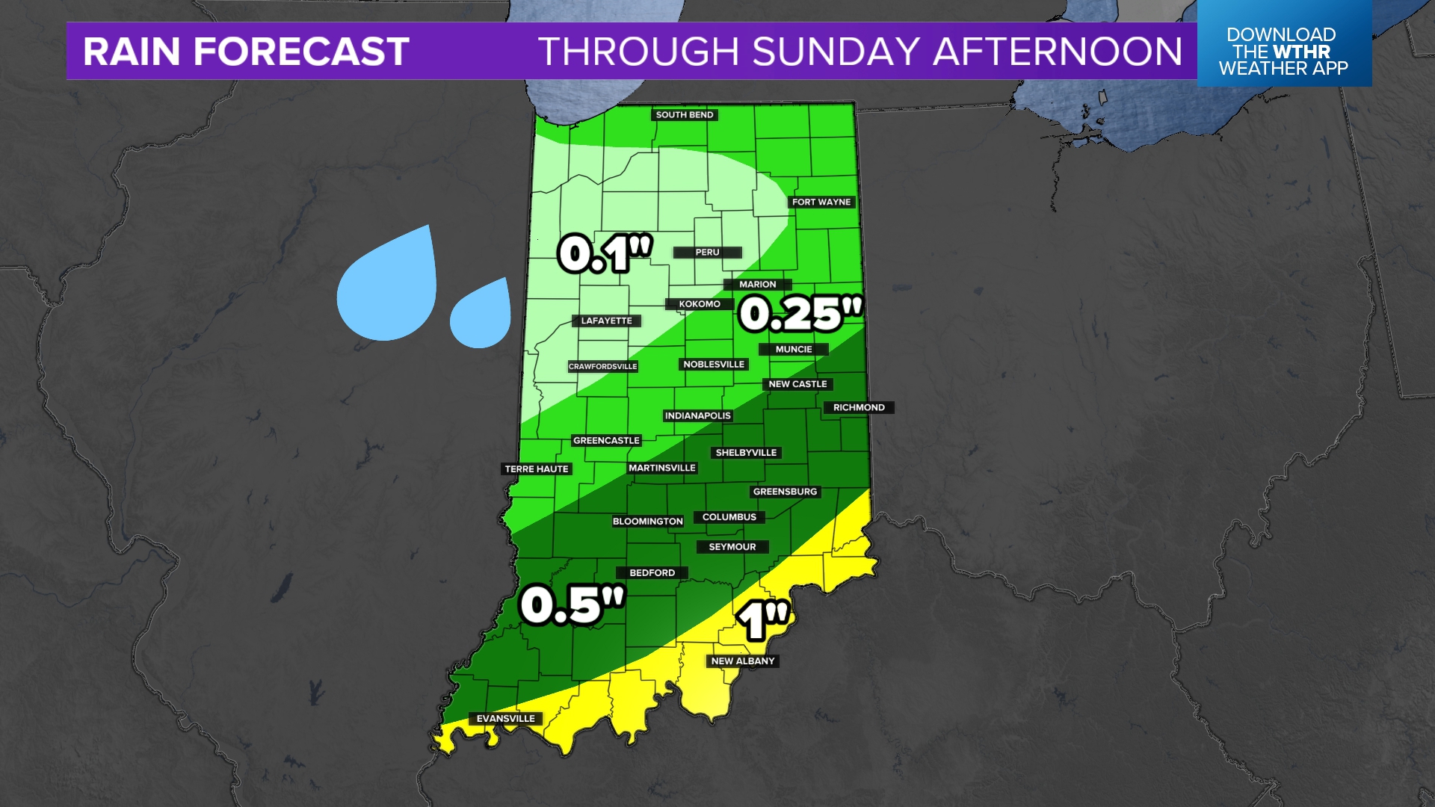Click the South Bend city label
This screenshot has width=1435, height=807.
[x=685, y=115]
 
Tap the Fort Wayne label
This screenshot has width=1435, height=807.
[x=821, y=202]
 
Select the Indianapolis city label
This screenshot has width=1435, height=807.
[x=697, y=415]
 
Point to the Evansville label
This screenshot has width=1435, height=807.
[x=506, y=719]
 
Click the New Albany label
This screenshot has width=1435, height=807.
[x=742, y=661]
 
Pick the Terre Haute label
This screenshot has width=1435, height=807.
[x=537, y=469]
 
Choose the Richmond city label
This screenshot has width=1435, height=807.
[x=859, y=407]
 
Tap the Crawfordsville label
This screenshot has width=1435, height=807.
[x=602, y=366]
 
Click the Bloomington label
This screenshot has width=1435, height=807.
[x=647, y=522]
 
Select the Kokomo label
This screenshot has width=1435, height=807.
[x=700, y=304]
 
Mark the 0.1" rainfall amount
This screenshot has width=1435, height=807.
[x=605, y=254]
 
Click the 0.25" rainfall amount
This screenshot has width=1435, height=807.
[x=800, y=313]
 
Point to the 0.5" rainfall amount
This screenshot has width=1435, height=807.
[x=572, y=605]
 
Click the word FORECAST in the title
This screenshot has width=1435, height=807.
[x=301, y=52]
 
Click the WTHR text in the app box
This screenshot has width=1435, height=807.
[x=1302, y=52]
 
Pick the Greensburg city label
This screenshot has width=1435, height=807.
[x=785, y=492]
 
